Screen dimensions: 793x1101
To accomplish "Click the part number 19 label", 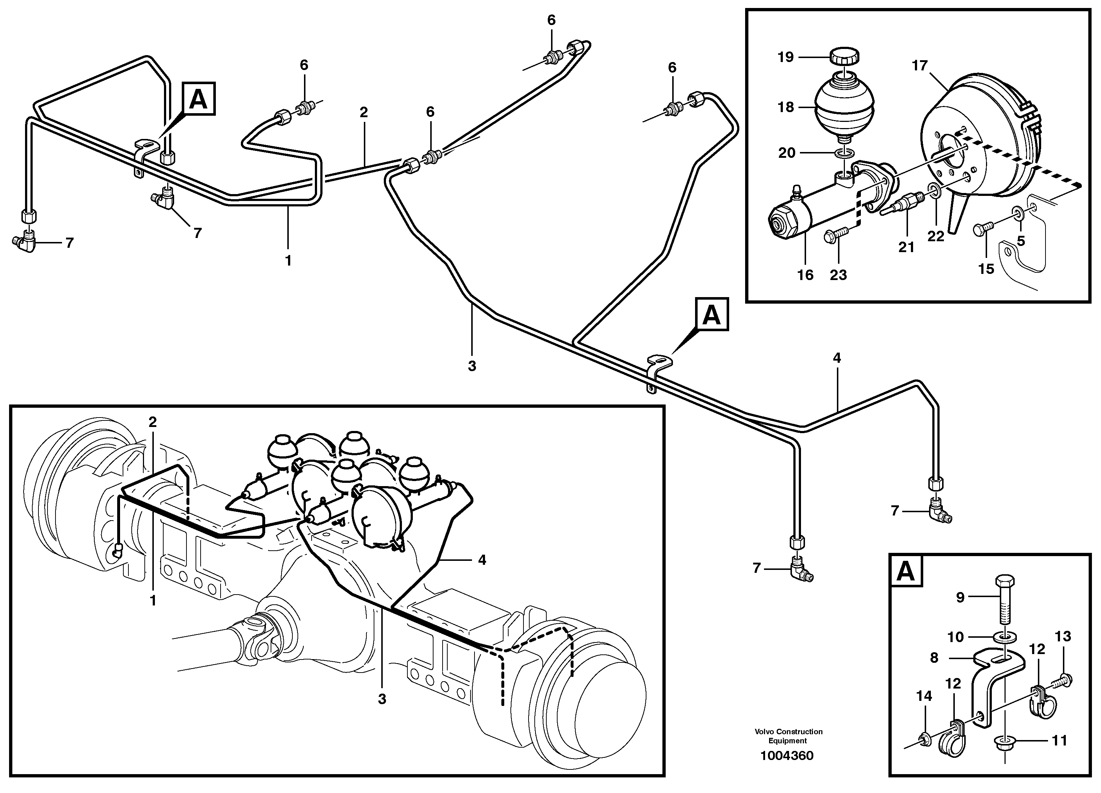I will click(x=785, y=57).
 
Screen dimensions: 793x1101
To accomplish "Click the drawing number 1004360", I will click(x=787, y=756).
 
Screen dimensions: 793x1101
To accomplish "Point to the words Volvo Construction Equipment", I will click(x=788, y=736).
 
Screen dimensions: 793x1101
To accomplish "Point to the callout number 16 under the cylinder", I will click(x=805, y=275).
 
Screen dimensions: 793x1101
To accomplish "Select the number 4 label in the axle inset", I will click(x=481, y=560).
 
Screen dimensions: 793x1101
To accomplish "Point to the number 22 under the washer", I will click(x=936, y=237).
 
